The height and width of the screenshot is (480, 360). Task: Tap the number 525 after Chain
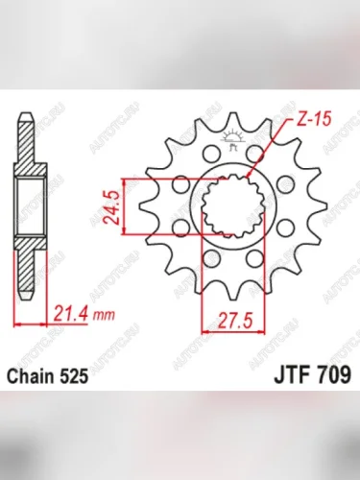pos(76,379)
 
